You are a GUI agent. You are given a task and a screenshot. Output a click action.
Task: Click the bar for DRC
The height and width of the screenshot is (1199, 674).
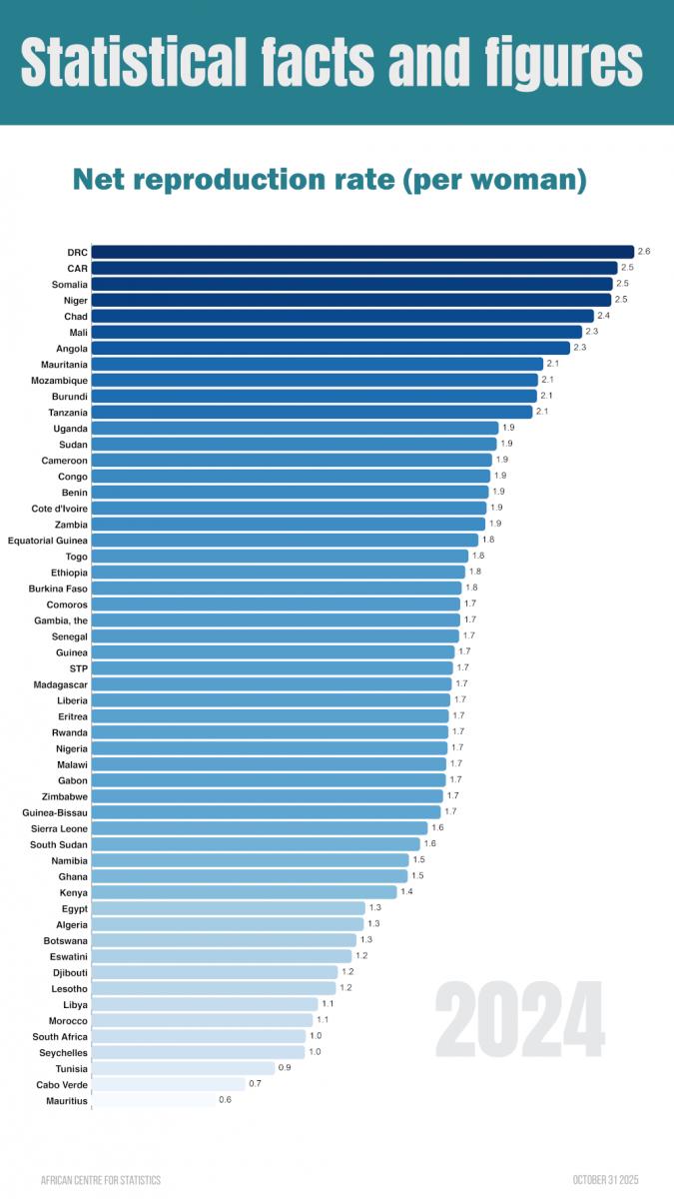coord(362,252)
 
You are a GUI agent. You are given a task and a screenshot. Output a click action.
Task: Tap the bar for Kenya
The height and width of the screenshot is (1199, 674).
coord(244,892)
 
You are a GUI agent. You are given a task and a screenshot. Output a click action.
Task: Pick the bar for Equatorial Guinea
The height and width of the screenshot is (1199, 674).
coord(285,540)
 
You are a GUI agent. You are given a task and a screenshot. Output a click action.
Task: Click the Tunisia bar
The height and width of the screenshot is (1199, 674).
coord(183,1069)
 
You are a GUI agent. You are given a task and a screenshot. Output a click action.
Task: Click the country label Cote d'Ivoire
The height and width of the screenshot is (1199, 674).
coord(59,508)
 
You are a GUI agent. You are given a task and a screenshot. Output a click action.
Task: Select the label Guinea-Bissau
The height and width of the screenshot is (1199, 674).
coord(55,812)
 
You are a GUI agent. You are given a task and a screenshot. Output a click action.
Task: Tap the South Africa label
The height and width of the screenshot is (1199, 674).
coord(60,1037)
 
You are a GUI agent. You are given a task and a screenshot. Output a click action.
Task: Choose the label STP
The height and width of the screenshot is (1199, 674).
coord(78,667)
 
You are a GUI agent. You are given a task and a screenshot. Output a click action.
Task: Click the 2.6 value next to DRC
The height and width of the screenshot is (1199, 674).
coord(644,252)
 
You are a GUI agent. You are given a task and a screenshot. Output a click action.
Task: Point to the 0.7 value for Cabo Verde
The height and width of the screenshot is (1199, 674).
coord(255,1084)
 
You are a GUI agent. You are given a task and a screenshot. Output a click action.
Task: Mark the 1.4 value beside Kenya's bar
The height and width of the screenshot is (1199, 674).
coord(406,892)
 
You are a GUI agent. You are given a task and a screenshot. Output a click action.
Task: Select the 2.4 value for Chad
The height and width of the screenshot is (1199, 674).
coord(603,316)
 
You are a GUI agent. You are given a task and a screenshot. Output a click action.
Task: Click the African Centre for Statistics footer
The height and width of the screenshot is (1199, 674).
coord(100,1180)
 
